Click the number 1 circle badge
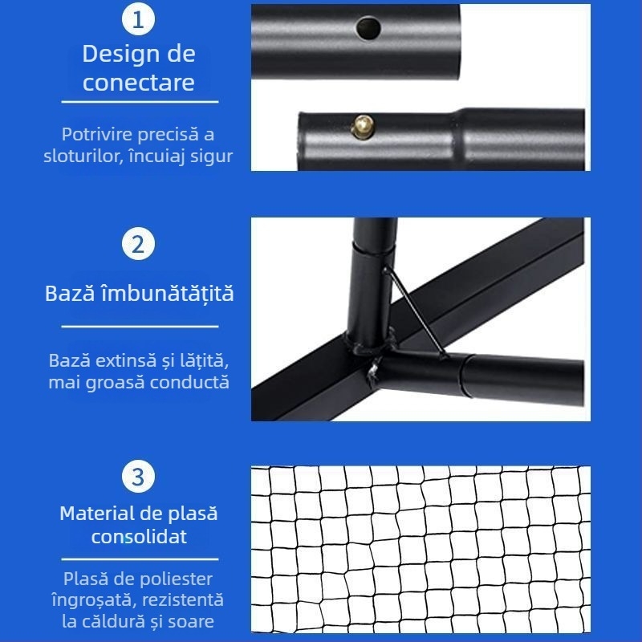(139, 20)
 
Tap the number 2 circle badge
(139, 244)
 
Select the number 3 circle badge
(139, 477)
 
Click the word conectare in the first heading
(139, 82)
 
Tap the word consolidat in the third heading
(139, 536)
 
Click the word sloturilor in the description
(81, 156)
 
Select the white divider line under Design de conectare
(140, 102)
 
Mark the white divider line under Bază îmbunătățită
(140, 327)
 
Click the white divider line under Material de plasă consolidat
(140, 559)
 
